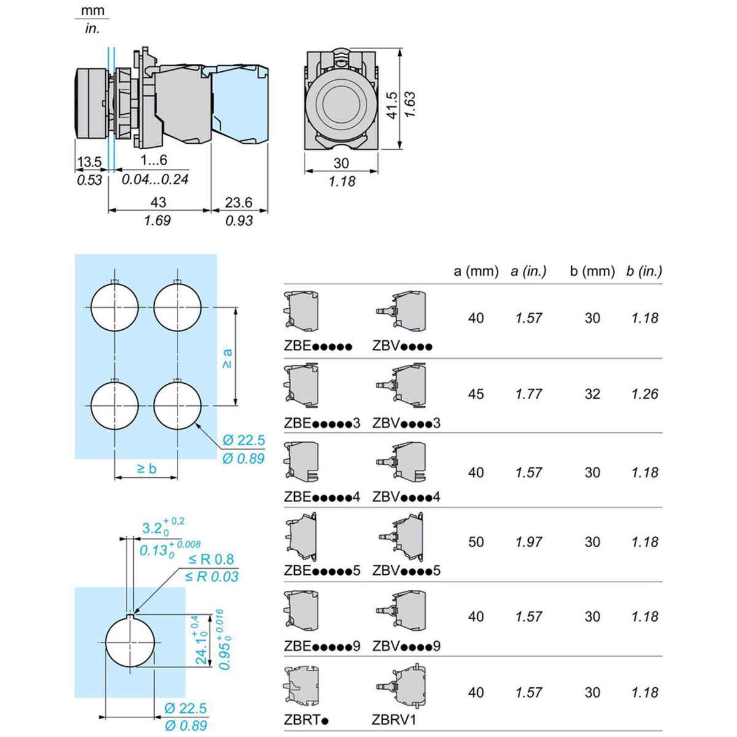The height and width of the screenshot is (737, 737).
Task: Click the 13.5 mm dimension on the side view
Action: pos(89,162)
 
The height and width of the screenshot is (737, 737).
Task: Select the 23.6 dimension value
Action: pos(238,203)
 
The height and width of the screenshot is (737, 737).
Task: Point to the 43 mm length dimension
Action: pos(158,203)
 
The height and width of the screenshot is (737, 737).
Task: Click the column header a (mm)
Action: pos(476,271)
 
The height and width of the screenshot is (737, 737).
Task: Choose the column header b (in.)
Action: pos(644,271)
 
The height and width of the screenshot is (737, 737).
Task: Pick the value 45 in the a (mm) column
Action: pos(476,394)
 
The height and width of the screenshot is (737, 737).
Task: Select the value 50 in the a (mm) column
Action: pos(476,542)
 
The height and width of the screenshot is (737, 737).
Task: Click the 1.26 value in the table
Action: pos(644,394)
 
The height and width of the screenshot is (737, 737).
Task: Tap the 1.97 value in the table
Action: pos(529,542)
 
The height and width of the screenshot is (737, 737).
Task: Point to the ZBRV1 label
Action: pos(394,720)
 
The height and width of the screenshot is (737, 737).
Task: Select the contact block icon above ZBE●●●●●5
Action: pos(302,537)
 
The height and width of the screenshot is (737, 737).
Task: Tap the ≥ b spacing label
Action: pos(146,469)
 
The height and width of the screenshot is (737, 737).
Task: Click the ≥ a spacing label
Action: pos(227,358)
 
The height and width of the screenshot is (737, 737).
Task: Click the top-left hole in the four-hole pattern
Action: pos(115,306)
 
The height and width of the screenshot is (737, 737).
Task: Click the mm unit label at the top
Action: pos(92,10)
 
